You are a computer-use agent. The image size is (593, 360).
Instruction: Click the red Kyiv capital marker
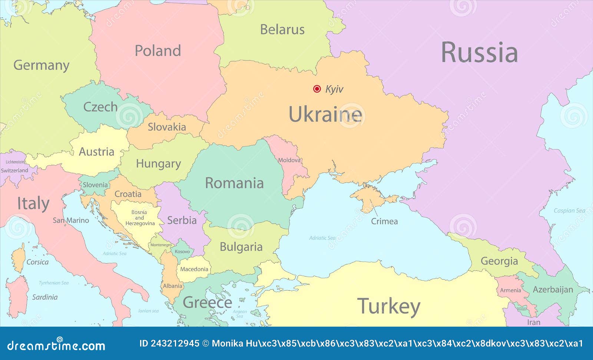317,89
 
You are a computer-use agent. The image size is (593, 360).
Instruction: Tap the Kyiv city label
334,89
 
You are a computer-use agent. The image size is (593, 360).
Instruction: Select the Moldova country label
289,160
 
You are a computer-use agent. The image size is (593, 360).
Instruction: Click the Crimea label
384,221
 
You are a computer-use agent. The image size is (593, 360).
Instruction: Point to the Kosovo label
182,251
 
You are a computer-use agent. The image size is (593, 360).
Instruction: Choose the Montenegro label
161,245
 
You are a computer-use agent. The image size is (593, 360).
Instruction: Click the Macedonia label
194,269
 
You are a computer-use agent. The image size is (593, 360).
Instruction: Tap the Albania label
172,286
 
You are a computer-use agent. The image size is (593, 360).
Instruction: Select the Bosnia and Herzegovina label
140,218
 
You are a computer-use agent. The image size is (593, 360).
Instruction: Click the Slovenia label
95,185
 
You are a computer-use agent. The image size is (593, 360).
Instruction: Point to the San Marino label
71,220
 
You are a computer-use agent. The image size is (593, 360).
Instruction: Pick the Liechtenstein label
15,162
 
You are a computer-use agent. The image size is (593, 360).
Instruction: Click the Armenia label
510,290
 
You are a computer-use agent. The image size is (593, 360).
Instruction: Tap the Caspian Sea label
569,211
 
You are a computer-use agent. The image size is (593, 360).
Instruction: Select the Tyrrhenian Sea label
54,283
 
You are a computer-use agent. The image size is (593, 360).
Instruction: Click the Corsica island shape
18,258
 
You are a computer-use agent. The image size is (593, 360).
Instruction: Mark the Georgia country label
499,261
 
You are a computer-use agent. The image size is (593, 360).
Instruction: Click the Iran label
534,322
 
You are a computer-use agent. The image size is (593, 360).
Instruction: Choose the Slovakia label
167,127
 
